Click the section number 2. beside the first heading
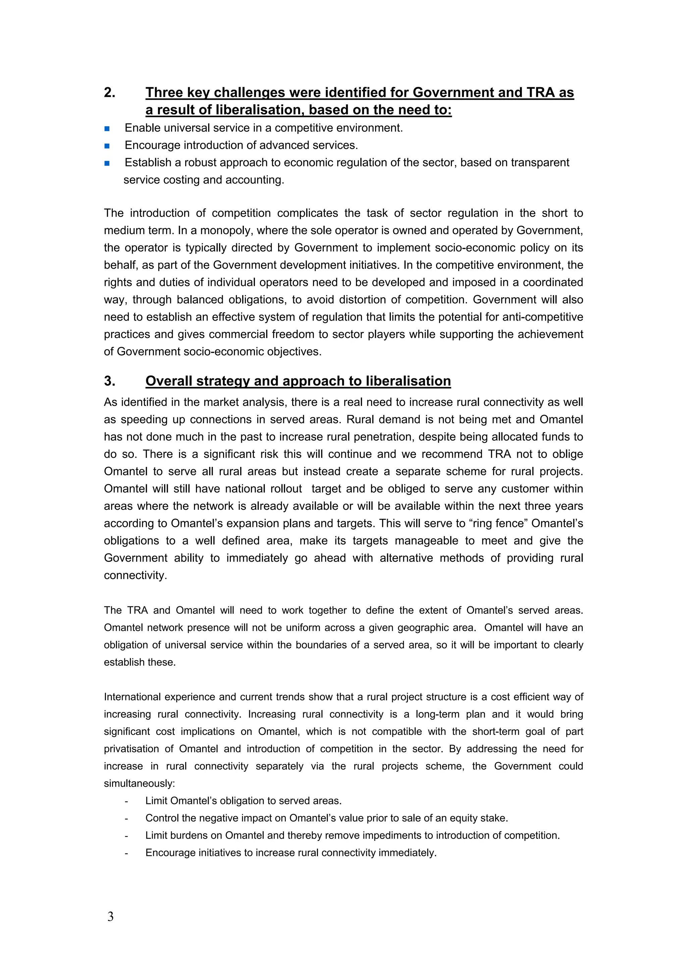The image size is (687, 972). click(x=110, y=93)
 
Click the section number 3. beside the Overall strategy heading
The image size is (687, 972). click(x=110, y=381)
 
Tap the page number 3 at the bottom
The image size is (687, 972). click(x=110, y=917)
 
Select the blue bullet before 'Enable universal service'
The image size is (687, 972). click(x=107, y=128)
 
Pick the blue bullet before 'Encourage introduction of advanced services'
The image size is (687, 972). click(x=107, y=146)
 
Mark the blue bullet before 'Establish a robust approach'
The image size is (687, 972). click(x=107, y=163)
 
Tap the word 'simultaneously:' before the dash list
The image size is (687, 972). click(x=139, y=783)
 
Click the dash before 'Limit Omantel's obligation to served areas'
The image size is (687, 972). click(x=126, y=801)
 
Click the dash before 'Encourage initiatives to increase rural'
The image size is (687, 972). click(x=126, y=853)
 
